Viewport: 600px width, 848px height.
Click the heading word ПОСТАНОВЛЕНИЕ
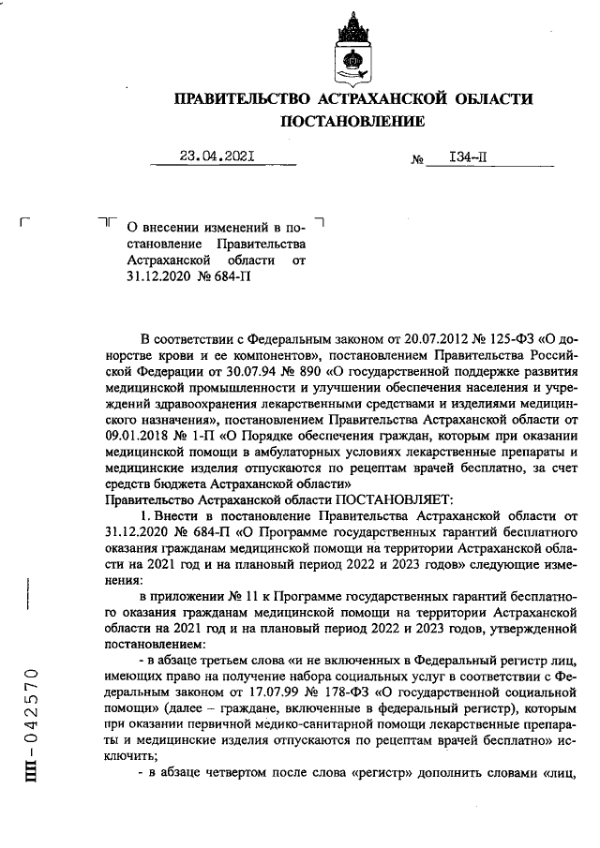352,120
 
